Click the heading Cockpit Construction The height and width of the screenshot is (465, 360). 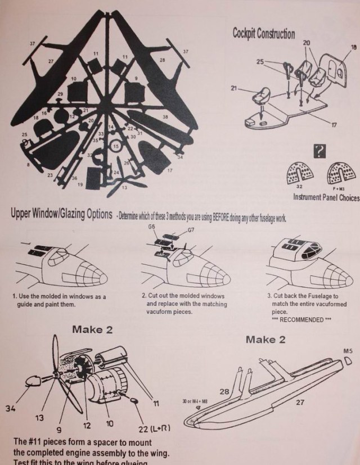click(x=263, y=33)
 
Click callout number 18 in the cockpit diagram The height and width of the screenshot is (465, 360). click(x=353, y=48)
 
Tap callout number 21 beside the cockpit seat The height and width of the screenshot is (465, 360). click(x=234, y=88)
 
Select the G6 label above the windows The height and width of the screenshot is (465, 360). click(x=151, y=227)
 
